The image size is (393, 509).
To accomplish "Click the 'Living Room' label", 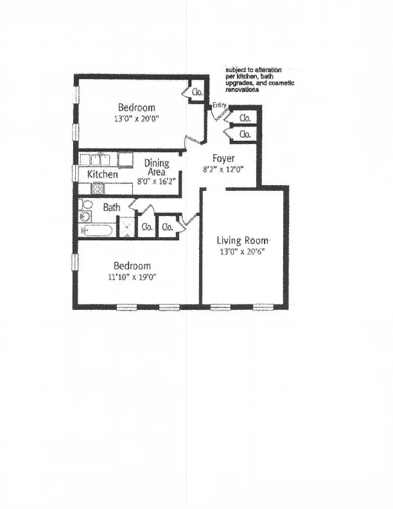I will click(x=242, y=241).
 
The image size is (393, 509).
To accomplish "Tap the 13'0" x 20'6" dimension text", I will click(x=242, y=251).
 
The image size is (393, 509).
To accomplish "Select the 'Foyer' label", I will click(x=224, y=158).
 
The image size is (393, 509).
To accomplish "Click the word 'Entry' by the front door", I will click(x=219, y=105).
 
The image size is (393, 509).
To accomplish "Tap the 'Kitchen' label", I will click(x=102, y=174).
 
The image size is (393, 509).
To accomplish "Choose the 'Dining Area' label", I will click(x=156, y=167).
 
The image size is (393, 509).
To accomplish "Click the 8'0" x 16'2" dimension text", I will click(x=156, y=181).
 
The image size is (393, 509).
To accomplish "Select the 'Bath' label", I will click(x=112, y=208).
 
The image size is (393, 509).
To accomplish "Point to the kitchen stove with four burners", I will click(x=99, y=188).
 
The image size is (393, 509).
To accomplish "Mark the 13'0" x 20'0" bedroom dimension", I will click(x=136, y=119).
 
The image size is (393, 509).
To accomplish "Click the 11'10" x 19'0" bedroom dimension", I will click(x=132, y=277).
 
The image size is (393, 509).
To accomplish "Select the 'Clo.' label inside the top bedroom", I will click(x=198, y=93).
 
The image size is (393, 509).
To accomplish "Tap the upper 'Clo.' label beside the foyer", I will click(x=245, y=118).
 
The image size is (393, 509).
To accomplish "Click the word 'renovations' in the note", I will click(x=242, y=91).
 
